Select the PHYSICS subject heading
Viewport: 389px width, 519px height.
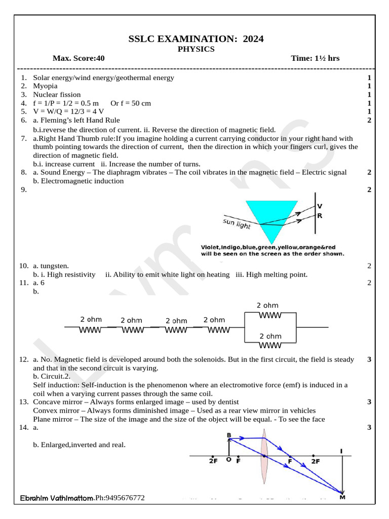(196, 49)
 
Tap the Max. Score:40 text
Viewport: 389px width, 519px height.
(79, 58)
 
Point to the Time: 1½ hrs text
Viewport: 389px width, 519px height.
(315, 58)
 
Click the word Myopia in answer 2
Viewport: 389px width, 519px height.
(45, 86)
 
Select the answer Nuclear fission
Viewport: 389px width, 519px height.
(57, 95)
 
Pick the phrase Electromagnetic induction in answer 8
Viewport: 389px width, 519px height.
(82, 181)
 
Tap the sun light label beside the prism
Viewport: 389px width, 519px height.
(237, 224)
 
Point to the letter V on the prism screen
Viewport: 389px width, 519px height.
(320, 206)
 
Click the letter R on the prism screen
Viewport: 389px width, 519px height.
(320, 215)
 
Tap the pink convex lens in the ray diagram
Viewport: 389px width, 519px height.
(264, 457)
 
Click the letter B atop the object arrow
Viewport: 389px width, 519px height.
(229, 435)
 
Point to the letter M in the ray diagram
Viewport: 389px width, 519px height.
(342, 497)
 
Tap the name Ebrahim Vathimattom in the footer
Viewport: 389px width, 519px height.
(57, 499)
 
